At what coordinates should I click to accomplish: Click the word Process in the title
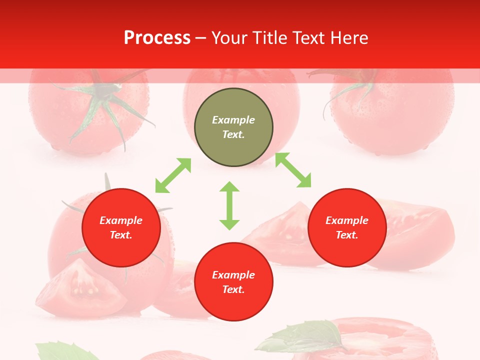coord(157,38)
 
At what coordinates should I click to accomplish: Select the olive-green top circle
coord(233,127)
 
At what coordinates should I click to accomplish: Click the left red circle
coord(121,227)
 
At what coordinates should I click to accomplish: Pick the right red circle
coord(347,227)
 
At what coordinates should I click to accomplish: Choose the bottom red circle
coord(233,281)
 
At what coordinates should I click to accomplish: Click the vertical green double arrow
coord(229,205)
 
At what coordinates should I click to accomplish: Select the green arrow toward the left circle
coord(173,175)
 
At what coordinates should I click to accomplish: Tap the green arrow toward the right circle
coord(293,170)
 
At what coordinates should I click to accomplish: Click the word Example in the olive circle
coord(233,120)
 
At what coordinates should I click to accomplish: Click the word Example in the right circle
coord(347,220)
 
